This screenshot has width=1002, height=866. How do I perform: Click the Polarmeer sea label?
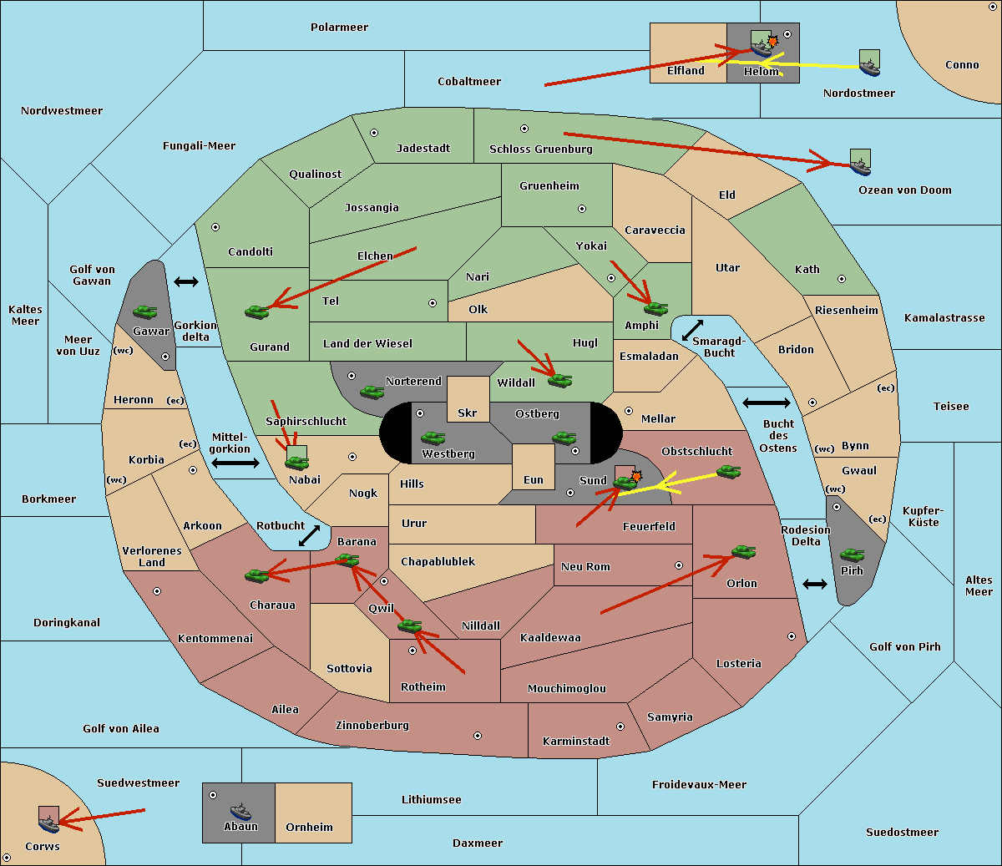(x=339, y=28)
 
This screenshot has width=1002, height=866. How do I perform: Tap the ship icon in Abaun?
(x=240, y=811)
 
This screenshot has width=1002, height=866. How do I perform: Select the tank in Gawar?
(x=145, y=312)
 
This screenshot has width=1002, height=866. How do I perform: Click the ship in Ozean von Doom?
(x=860, y=165)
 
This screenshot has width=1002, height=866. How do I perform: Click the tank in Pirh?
(x=852, y=555)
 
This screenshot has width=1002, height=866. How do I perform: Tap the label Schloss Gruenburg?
(x=540, y=149)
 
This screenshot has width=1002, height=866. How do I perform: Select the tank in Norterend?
(x=372, y=391)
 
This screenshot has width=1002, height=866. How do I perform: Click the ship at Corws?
(x=49, y=823)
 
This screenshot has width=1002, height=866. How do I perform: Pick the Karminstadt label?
(x=576, y=742)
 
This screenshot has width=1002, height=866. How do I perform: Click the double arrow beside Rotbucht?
(x=309, y=535)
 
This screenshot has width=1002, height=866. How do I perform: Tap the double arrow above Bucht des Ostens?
(x=766, y=403)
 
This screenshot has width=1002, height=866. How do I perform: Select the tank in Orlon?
(x=743, y=552)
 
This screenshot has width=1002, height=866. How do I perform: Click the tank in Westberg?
(x=433, y=438)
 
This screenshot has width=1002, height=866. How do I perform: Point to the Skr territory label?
(x=468, y=413)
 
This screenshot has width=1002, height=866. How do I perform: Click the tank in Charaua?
(x=256, y=575)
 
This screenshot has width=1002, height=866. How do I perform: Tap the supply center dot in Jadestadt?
(x=374, y=132)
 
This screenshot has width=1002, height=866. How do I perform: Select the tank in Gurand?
(x=256, y=311)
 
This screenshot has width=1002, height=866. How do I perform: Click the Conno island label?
(x=962, y=65)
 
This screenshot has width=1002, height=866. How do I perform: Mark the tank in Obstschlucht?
(x=729, y=472)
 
